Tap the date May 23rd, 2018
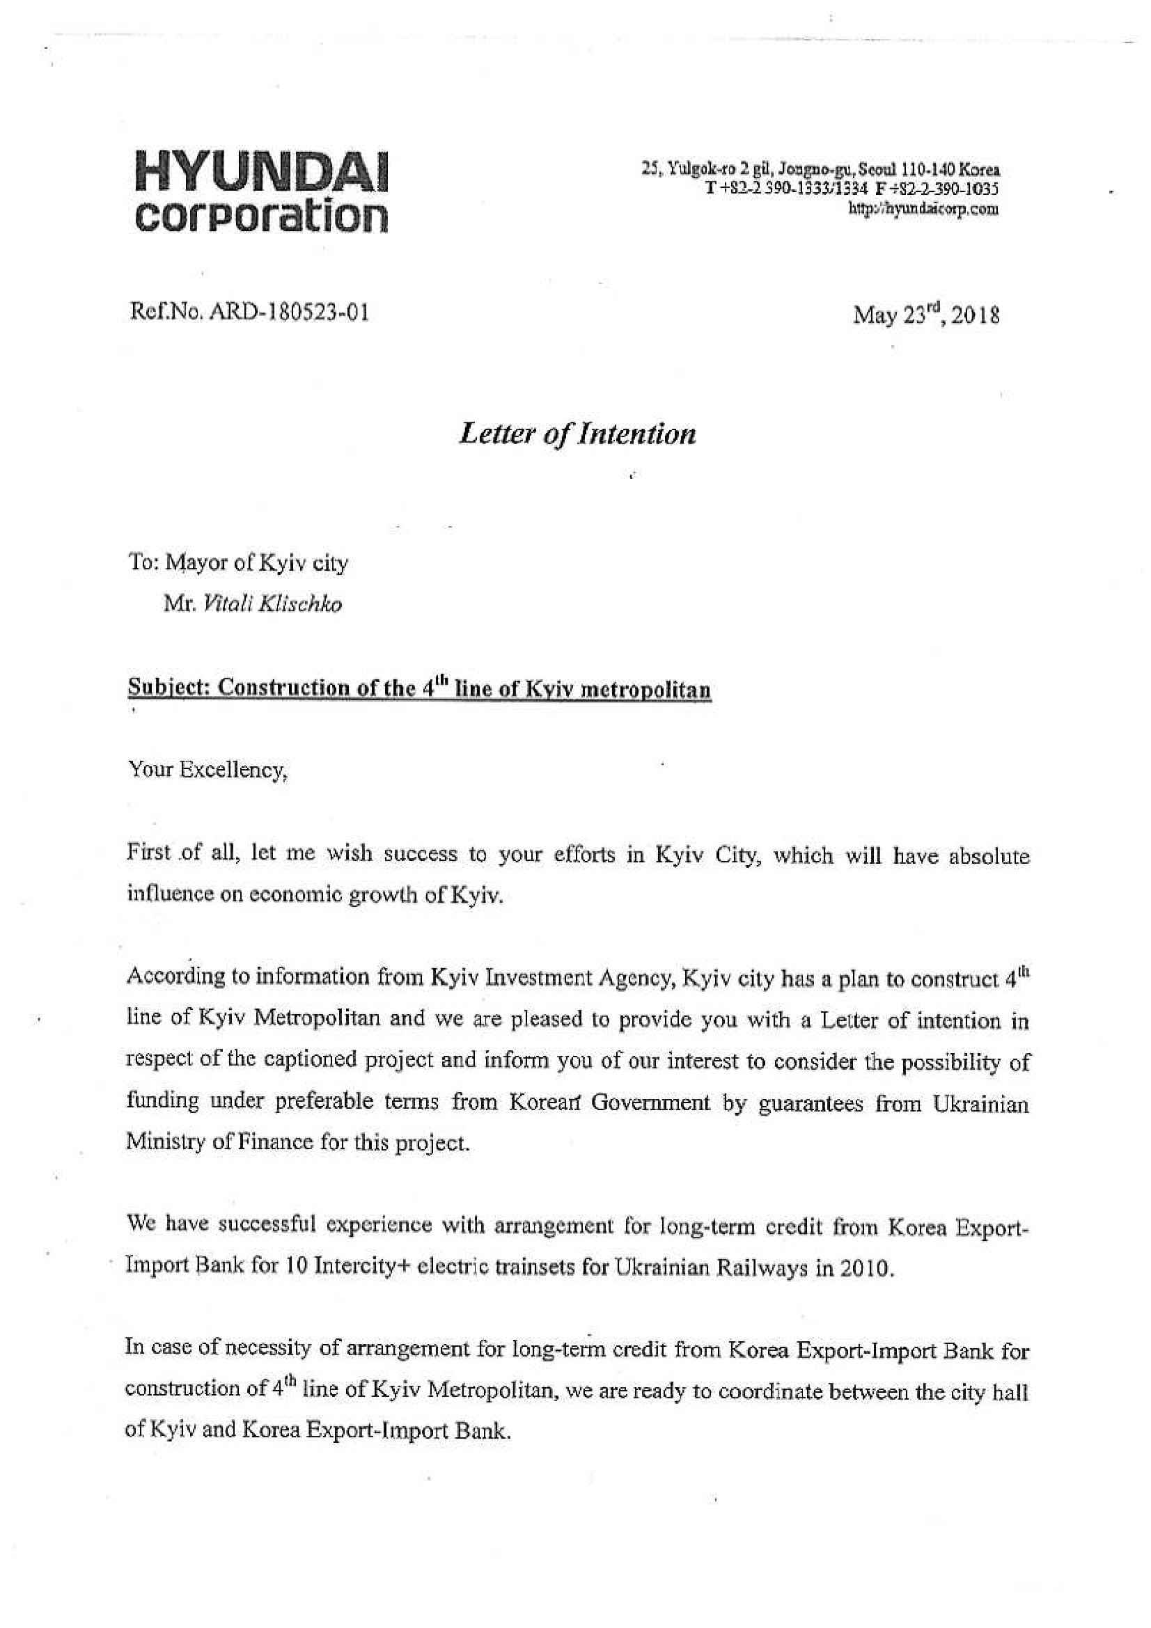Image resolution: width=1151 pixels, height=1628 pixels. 926,314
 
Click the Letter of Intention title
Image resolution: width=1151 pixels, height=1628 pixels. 577,433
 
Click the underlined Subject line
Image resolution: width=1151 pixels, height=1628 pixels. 419,688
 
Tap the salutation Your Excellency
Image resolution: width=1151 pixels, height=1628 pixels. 207,770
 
